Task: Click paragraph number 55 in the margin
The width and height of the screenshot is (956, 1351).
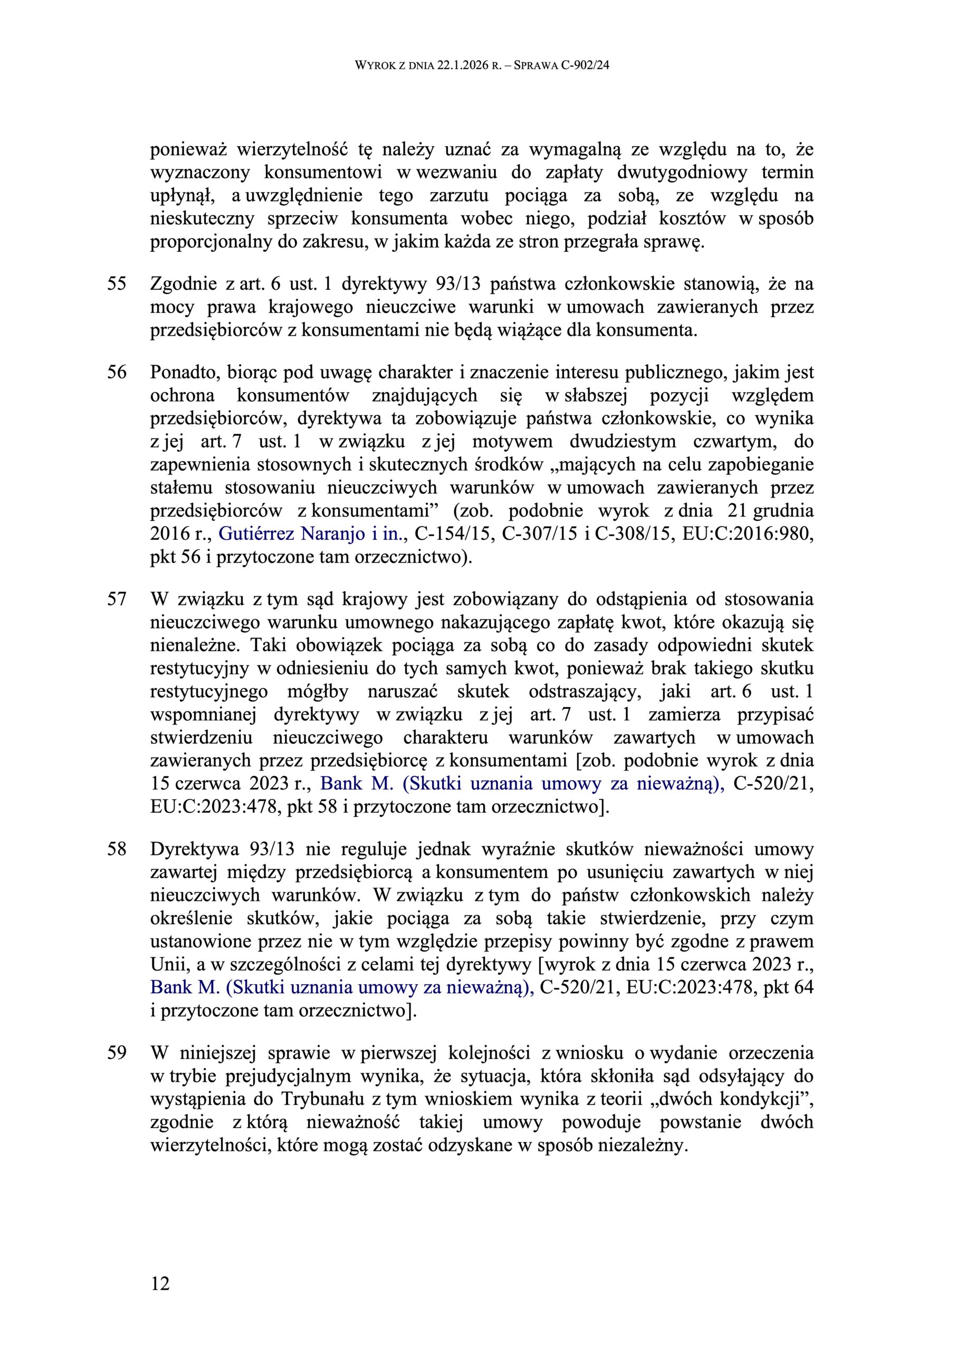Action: pyautogui.click(x=117, y=284)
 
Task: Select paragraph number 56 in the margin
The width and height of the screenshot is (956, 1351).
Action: pyautogui.click(x=117, y=373)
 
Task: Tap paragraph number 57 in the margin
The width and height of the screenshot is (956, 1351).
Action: pyautogui.click(x=117, y=600)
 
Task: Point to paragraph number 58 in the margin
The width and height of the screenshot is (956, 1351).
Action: pyautogui.click(x=117, y=850)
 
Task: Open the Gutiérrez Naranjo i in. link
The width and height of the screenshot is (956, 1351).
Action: pyautogui.click(x=312, y=534)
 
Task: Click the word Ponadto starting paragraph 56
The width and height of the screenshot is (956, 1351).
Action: pyautogui.click(x=185, y=373)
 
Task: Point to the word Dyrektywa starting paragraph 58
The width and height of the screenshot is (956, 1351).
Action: pyautogui.click(x=195, y=850)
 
